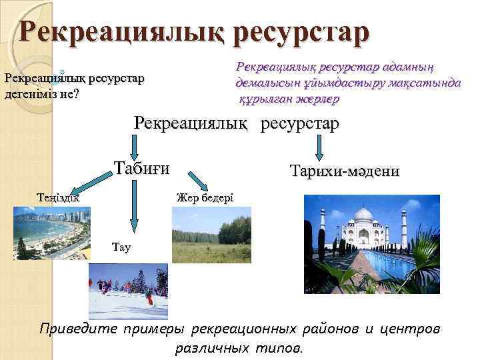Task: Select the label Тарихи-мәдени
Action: point(345,171)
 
